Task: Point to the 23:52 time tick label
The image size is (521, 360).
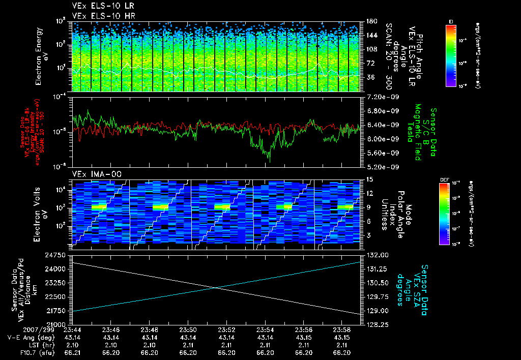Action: click(226, 330)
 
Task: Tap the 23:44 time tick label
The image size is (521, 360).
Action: click(72, 330)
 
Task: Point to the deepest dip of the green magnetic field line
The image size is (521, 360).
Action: click(269, 161)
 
